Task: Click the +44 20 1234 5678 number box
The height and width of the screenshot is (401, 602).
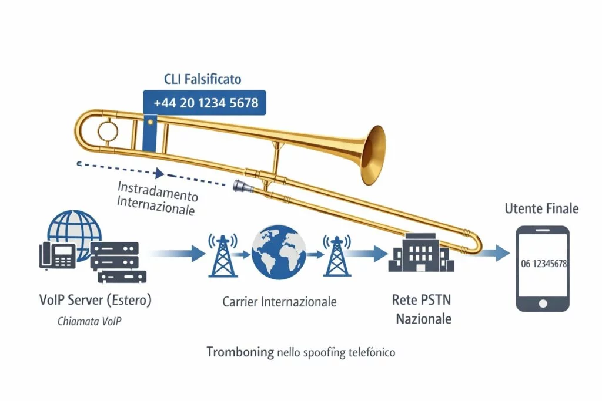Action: tap(205, 103)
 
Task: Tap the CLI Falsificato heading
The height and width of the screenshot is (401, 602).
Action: tap(202, 79)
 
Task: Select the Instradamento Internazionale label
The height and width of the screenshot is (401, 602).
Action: tap(158, 198)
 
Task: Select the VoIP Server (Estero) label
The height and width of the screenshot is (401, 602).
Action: tap(95, 300)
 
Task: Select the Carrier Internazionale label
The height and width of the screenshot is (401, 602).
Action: tap(279, 302)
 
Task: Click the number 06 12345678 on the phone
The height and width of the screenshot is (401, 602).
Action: tap(544, 264)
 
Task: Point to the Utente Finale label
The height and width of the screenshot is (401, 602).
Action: tap(541, 208)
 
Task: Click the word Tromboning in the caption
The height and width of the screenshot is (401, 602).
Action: tap(240, 352)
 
